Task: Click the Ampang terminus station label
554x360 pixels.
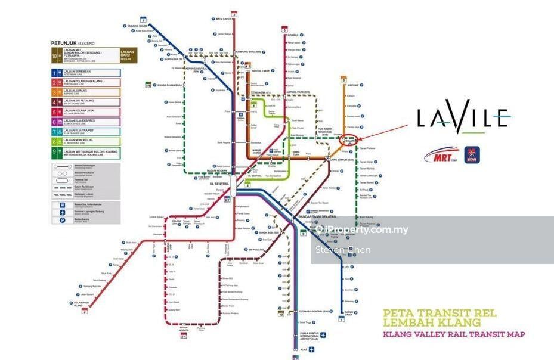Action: (352, 84)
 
